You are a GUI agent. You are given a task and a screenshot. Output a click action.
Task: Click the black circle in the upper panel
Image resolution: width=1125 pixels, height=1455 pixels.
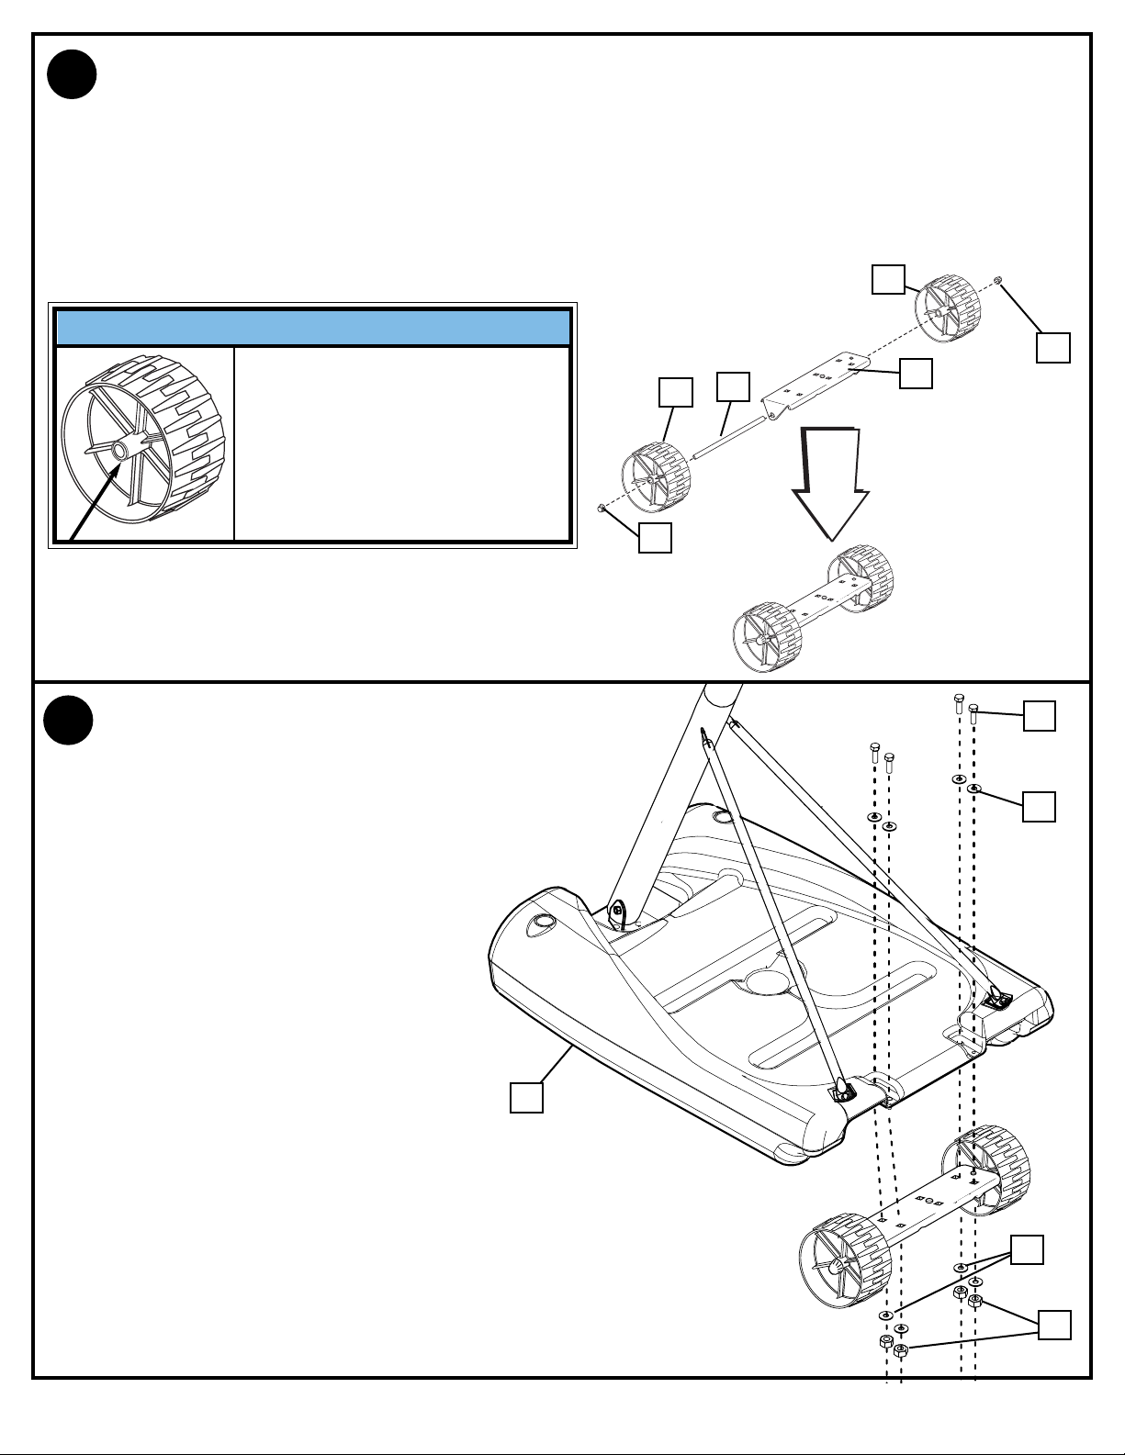click(72, 75)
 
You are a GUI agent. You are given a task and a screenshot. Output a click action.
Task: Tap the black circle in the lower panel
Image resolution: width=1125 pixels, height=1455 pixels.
click(69, 721)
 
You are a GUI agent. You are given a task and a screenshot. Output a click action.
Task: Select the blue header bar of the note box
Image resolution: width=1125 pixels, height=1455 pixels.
click(312, 328)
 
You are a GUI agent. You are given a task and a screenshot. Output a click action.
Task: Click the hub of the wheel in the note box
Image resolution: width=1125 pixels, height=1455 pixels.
click(120, 451)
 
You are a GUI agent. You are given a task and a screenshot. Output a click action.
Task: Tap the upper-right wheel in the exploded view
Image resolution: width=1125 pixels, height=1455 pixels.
click(945, 303)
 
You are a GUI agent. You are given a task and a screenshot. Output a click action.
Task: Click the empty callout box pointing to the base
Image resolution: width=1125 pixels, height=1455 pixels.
click(526, 1097)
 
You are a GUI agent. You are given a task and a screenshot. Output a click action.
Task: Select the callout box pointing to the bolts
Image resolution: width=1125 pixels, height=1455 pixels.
click(1040, 716)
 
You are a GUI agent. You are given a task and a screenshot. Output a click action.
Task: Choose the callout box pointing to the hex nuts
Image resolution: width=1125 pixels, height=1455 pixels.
click(1054, 1325)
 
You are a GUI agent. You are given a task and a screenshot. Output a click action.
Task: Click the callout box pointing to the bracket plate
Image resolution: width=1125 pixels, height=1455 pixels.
click(916, 373)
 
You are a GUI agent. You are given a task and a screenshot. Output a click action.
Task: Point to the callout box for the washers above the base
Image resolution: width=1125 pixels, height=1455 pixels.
click(1040, 806)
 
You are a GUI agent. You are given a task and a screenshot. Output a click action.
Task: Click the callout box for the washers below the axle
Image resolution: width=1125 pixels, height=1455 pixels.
click(1028, 1249)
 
